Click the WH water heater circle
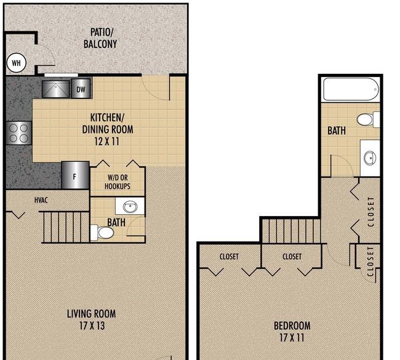(16, 63)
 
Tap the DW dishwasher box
(81, 89)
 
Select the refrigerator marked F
(75, 175)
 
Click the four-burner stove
(18, 133)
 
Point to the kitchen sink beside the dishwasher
(55, 89)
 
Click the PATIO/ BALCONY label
(100, 38)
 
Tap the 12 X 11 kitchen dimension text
(107, 142)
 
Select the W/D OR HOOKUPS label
(118, 182)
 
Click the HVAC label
(41, 200)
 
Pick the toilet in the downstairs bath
(103, 233)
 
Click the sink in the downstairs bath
(130, 206)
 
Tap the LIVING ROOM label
(91, 314)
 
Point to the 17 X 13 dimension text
(92, 326)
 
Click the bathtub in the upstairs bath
(351, 89)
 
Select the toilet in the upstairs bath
(368, 119)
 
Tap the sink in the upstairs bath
(370, 158)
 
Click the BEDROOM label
(292, 326)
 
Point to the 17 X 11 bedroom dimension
(292, 338)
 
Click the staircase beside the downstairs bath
(66, 227)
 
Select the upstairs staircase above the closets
(291, 231)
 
